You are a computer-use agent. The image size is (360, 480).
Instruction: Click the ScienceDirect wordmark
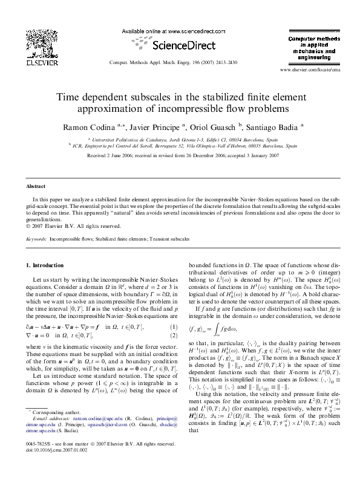[x=179, y=45]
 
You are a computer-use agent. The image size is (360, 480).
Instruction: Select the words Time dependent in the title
[x=93, y=97]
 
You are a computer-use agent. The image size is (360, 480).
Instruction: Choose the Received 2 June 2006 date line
[x=180, y=155]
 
